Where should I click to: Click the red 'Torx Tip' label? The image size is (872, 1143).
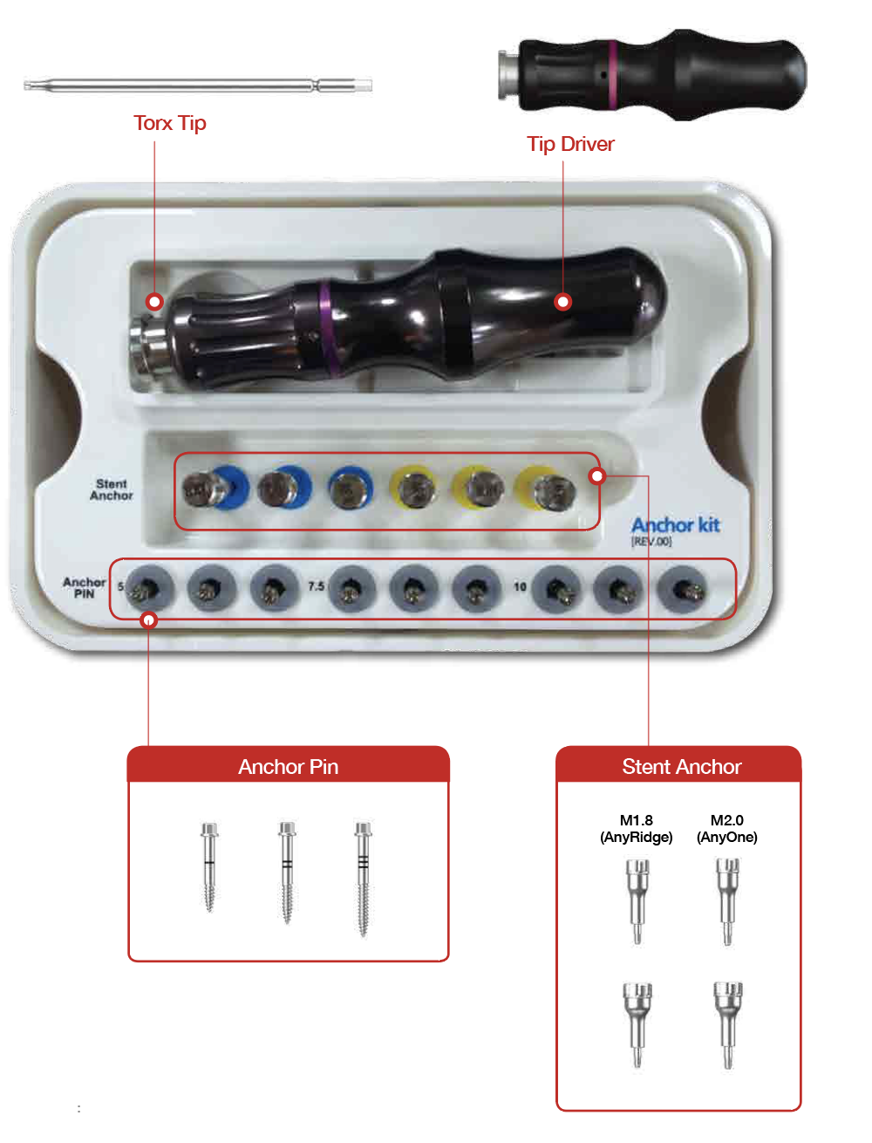[x=170, y=124]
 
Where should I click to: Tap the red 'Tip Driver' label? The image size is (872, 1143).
[x=570, y=144]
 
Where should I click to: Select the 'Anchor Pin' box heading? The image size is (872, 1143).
[x=288, y=767]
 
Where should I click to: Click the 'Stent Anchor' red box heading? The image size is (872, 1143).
[x=682, y=767]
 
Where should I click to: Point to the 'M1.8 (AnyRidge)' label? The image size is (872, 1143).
[x=636, y=829]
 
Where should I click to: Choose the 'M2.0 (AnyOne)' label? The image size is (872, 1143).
[x=727, y=829]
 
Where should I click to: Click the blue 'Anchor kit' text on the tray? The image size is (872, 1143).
[x=675, y=525]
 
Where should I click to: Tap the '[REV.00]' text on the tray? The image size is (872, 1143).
[x=651, y=542]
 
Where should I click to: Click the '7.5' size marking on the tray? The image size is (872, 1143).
[x=316, y=586]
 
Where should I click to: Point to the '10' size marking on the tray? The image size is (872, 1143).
[x=520, y=587]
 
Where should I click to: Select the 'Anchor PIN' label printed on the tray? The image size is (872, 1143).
[x=85, y=588]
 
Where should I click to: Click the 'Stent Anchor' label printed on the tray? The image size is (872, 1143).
[x=112, y=490]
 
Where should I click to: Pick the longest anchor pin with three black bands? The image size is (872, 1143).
[x=363, y=879]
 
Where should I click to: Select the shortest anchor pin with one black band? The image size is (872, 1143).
[x=209, y=866]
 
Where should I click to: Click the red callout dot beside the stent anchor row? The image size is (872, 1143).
[x=597, y=476]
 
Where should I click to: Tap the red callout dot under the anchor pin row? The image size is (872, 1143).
[x=149, y=620]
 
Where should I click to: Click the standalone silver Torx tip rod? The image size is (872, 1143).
[x=198, y=86]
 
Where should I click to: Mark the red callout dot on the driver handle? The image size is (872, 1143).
[x=563, y=302]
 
